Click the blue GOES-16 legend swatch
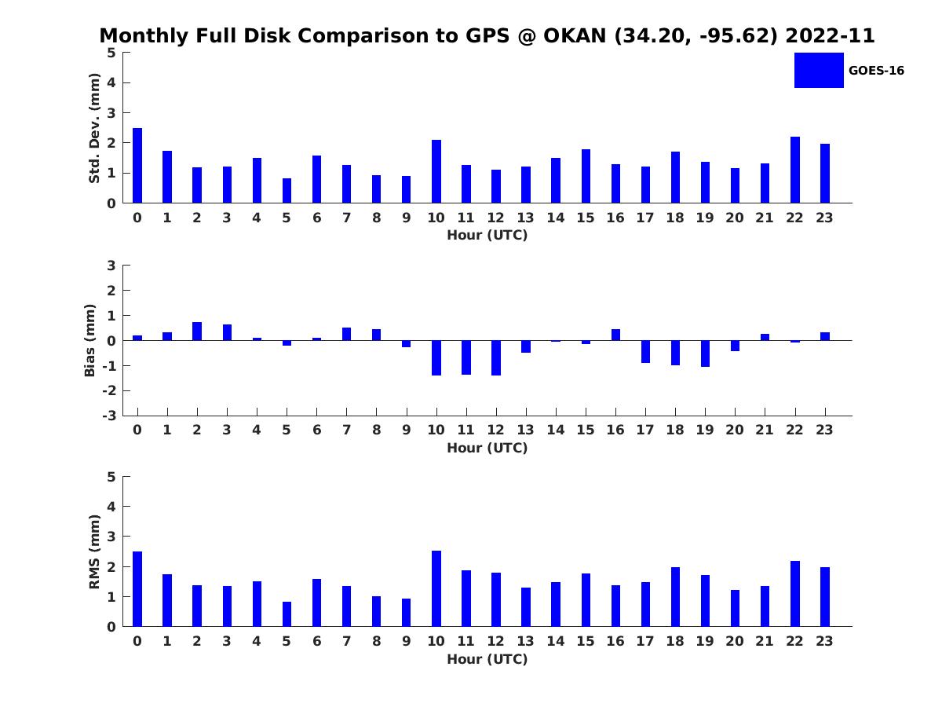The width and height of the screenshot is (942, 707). pos(819,70)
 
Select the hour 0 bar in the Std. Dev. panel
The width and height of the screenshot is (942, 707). pos(137,166)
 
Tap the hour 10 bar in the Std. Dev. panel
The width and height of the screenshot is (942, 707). pos(436,171)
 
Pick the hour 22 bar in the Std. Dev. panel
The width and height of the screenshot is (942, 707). pos(795,170)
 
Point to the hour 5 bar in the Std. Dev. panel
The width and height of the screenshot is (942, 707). pos(287,191)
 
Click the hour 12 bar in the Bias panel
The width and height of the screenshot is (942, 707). pos(496,357)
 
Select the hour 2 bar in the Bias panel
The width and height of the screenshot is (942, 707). pos(197,332)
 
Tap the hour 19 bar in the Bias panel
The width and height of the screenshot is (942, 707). pos(705,353)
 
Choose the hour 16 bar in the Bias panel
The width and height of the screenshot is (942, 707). pos(615,335)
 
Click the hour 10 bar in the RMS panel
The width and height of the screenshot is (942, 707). pos(436,588)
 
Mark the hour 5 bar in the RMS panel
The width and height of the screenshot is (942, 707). pos(287,614)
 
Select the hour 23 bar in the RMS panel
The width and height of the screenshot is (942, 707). pos(825,597)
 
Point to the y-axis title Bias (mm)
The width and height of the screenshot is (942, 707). pos(91,340)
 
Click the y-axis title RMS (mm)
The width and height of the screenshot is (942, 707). pos(94,551)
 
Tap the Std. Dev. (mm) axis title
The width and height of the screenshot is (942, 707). pos(94,128)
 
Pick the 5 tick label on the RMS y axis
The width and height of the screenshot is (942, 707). pos(111,477)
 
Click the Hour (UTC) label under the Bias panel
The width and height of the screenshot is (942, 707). pos(487,448)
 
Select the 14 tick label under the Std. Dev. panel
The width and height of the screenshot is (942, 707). pos(556,218)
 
